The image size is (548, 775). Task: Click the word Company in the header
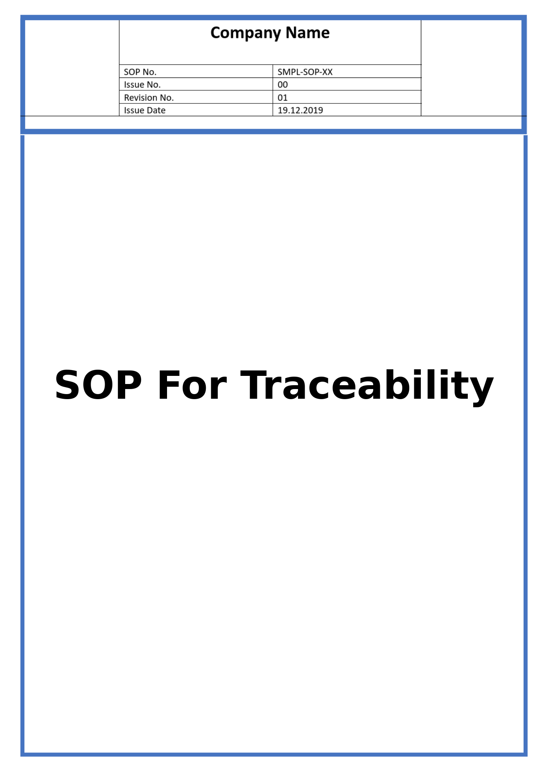(x=246, y=33)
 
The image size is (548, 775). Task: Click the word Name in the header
(x=308, y=33)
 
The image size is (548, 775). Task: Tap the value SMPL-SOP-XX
(x=305, y=72)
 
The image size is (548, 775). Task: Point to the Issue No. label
(x=142, y=84)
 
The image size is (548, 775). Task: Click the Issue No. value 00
(x=283, y=84)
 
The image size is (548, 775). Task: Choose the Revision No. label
(x=149, y=97)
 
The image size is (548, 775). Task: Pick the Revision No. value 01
(x=283, y=97)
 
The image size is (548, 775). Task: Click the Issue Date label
(x=145, y=110)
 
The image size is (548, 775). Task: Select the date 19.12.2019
(x=300, y=110)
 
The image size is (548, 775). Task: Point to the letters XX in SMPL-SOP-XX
(x=327, y=72)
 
